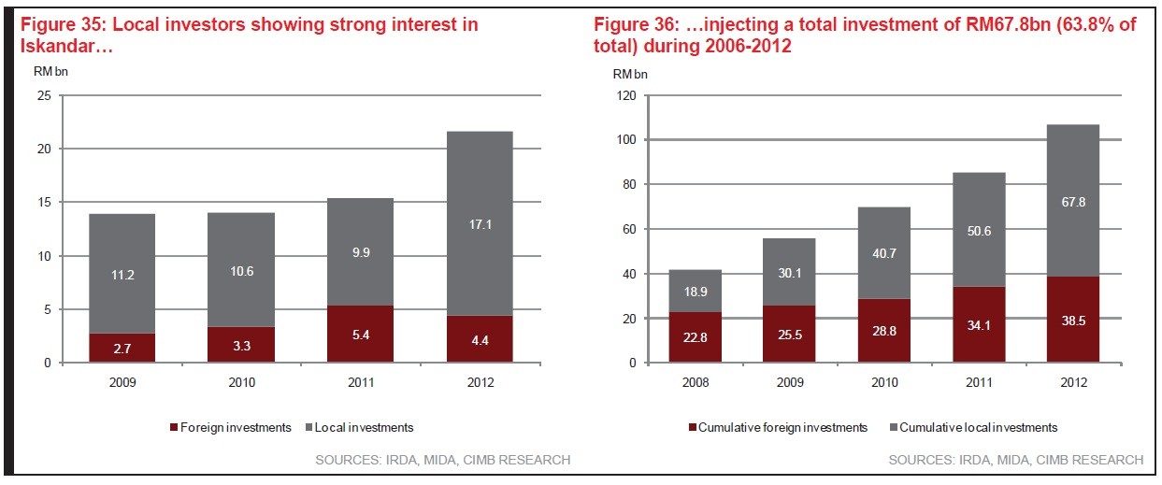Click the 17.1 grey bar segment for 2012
479,223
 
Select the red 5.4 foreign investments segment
360,334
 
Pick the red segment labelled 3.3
241,344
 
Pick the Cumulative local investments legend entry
975,427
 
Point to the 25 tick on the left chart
43,95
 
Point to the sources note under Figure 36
1015,460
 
